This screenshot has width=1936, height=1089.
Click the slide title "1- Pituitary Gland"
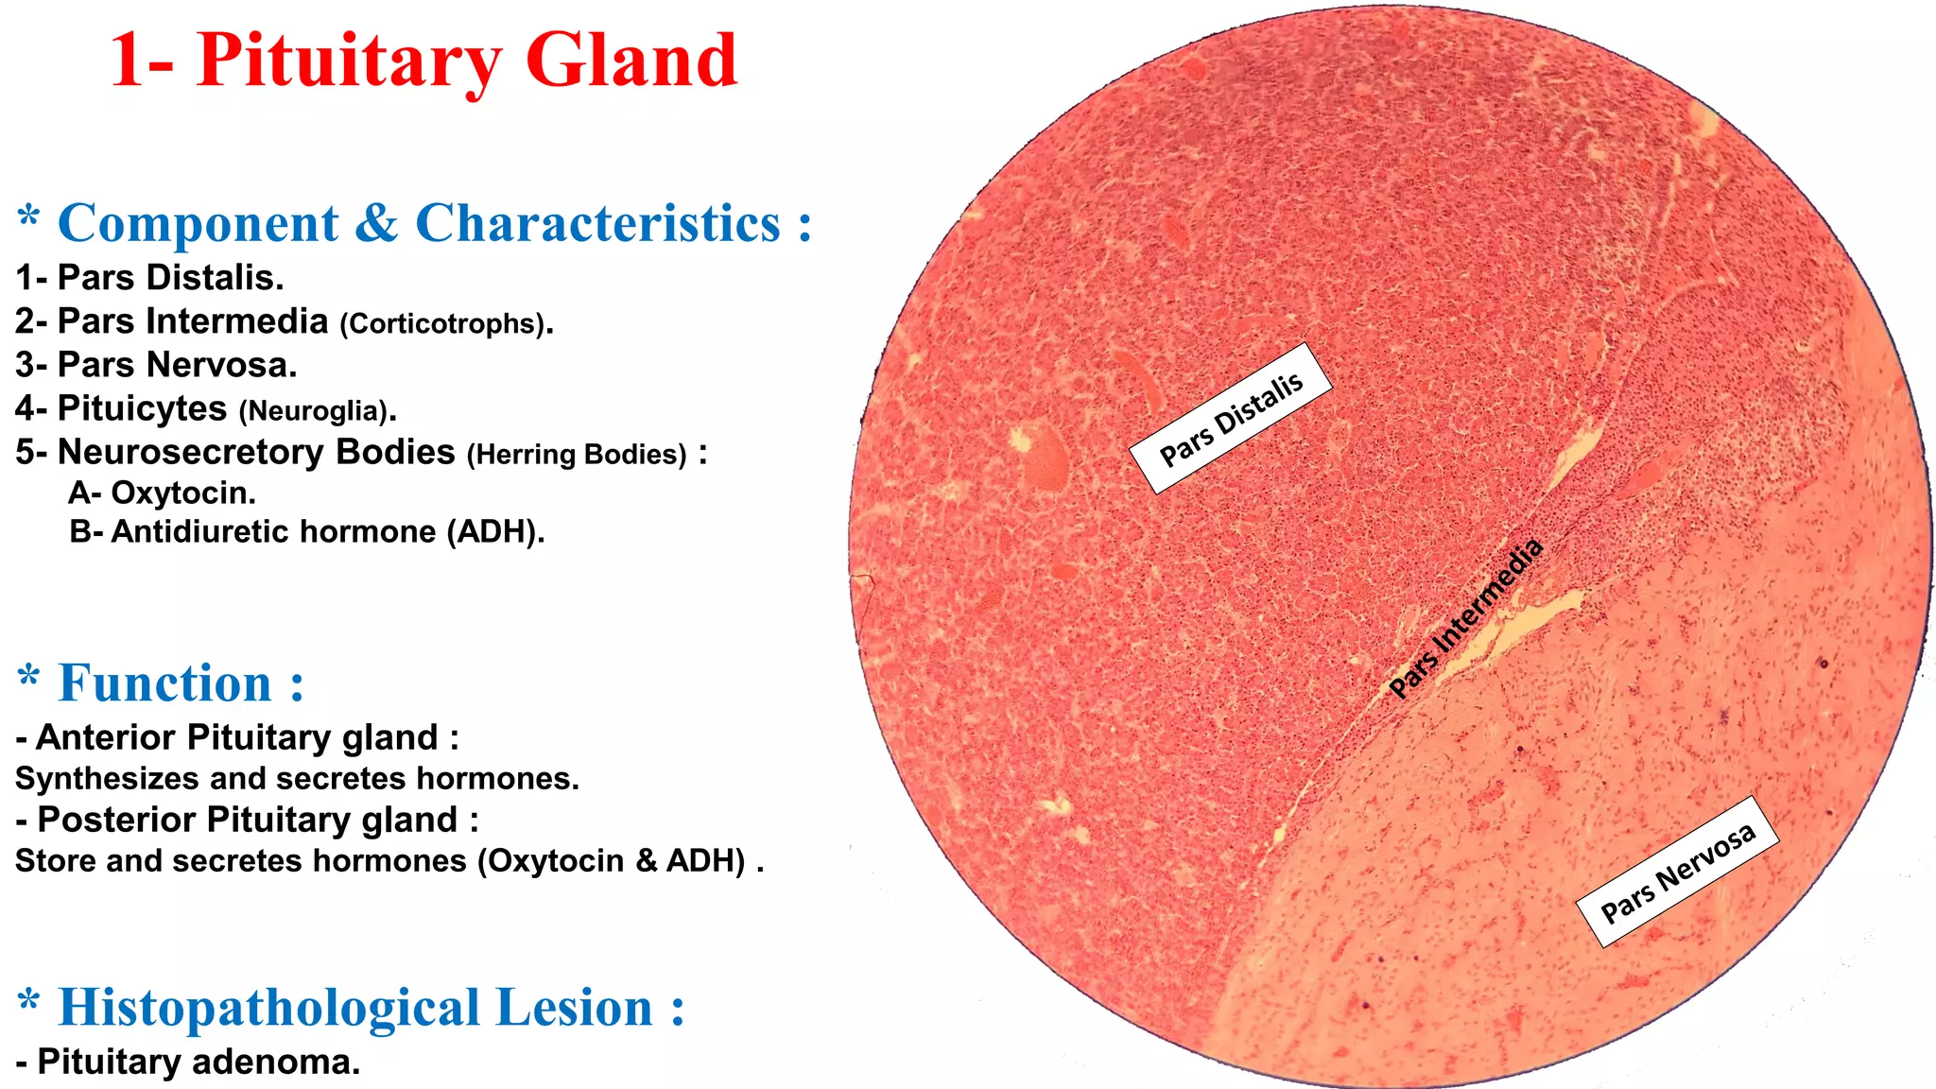[x=423, y=60]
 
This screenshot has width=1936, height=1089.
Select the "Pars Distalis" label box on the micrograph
[x=1231, y=418]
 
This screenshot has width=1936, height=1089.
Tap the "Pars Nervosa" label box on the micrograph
[x=1678, y=872]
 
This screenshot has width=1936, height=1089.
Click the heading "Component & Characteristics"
[x=434, y=224]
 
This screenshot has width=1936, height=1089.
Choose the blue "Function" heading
[x=181, y=683]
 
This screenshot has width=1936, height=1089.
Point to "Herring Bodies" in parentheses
[x=577, y=455]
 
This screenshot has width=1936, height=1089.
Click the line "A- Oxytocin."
[x=162, y=493]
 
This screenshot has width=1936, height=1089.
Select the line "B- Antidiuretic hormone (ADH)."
[x=307, y=532]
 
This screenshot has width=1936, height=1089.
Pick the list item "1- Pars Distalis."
[x=149, y=278]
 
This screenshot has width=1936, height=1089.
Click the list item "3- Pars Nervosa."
[x=156, y=365]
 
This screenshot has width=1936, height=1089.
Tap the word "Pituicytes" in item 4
[x=142, y=408]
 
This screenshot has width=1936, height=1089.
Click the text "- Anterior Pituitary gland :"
[x=237, y=737]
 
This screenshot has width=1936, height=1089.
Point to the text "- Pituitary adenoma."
[x=188, y=1062]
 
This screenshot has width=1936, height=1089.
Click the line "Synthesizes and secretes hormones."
[x=297, y=779]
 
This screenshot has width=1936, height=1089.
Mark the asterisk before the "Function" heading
[x=29, y=677]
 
